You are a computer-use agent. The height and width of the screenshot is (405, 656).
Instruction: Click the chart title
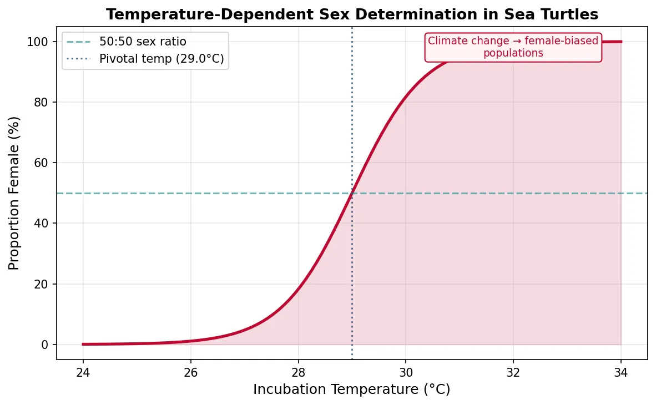click(x=352, y=14)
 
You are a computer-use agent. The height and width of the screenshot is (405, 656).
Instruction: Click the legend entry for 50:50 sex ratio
click(x=143, y=42)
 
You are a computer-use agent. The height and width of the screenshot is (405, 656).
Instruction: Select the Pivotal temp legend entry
click(x=162, y=59)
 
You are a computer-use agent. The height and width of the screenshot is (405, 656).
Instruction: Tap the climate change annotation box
click(x=513, y=47)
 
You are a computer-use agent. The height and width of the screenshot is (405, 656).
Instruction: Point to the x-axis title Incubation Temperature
click(x=351, y=389)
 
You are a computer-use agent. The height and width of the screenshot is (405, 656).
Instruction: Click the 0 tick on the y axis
click(x=45, y=345)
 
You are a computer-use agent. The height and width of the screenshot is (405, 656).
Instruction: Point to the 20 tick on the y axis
click(x=42, y=284)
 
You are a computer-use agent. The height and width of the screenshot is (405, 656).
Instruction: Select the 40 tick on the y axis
click(x=42, y=224)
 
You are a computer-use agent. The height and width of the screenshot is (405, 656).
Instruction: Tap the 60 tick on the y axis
click(x=42, y=163)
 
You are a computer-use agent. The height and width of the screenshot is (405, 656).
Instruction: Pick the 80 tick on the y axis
click(x=42, y=103)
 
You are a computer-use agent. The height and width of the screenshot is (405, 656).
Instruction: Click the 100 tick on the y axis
click(x=39, y=42)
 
